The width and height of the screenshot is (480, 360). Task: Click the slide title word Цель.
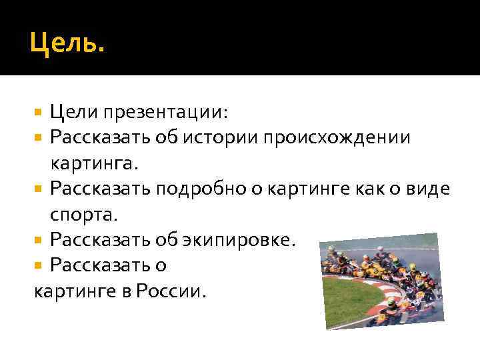[x=67, y=45]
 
